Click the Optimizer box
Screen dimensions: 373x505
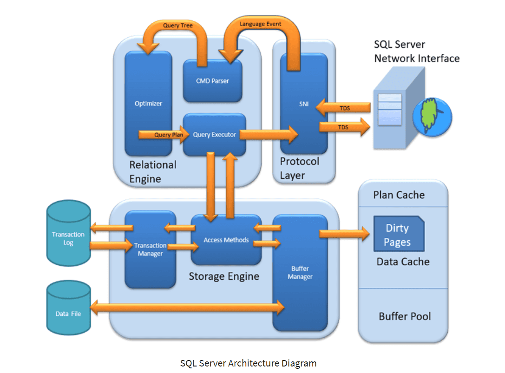(148, 103)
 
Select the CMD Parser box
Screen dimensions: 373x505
(212, 80)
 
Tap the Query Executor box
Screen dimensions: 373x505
(214, 135)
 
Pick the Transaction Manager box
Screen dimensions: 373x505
(150, 249)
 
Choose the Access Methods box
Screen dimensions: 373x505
(226, 240)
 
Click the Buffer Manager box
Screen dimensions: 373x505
(300, 273)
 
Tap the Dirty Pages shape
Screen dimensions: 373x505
(398, 235)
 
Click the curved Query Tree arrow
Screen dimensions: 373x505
(177, 29)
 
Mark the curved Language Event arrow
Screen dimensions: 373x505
(260, 27)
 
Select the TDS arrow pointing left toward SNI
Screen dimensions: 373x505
(344, 108)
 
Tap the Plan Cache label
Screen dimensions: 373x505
(399, 195)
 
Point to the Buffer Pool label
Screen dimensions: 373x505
(405, 316)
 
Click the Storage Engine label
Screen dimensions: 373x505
(223, 276)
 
